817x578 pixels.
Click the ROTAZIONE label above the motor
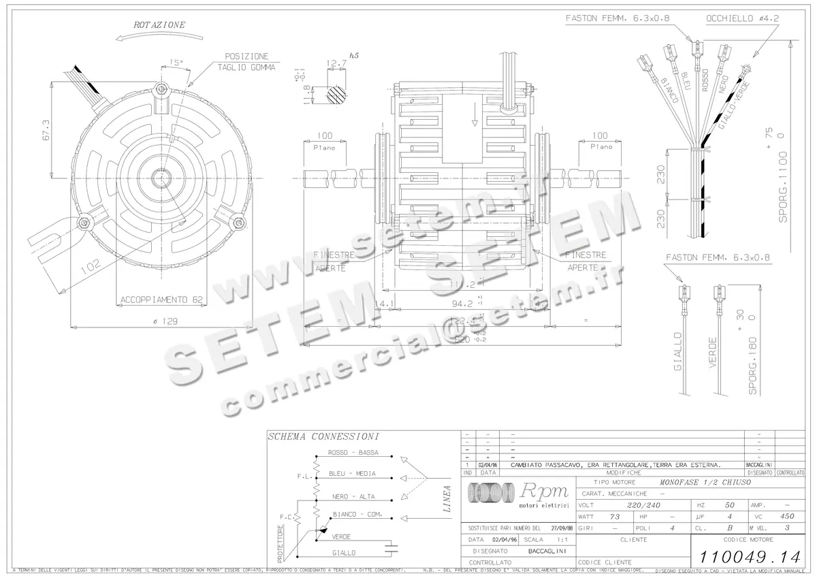tap(159, 25)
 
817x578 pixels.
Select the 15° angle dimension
tap(176, 63)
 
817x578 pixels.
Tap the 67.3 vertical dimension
tap(46, 130)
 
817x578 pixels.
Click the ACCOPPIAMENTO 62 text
tap(161, 299)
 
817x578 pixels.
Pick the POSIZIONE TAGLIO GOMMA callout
tap(246, 62)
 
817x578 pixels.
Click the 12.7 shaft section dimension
tap(336, 63)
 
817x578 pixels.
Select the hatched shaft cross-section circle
tap(335, 93)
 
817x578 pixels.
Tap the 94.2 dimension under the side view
tap(463, 304)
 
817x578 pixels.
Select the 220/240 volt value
tap(643, 505)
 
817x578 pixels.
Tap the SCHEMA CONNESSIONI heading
tap(323, 436)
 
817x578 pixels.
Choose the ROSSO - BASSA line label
tap(353, 453)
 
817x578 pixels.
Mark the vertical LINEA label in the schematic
tap(447, 498)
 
